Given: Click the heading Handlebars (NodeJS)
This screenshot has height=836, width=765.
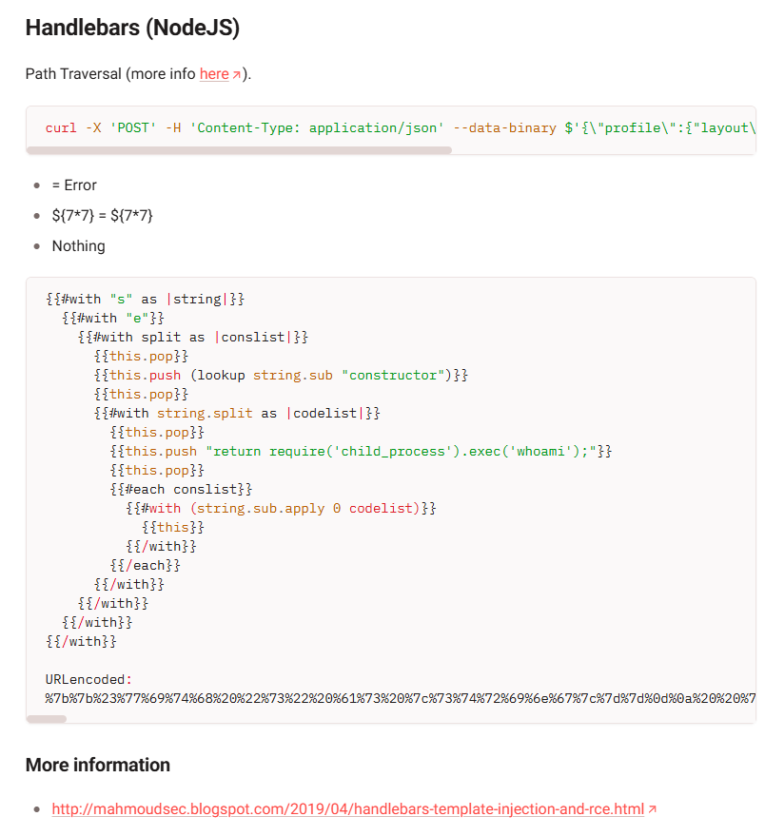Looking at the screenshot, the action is [132, 28].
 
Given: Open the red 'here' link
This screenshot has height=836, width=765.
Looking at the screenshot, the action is [214, 73].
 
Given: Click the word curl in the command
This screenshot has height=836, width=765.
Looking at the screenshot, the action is [61, 128].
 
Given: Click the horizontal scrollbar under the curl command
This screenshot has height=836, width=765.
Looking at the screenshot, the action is [239, 150].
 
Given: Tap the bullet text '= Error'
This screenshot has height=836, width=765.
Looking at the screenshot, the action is [74, 185].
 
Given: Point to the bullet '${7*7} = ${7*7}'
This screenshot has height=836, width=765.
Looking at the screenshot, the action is [102, 215].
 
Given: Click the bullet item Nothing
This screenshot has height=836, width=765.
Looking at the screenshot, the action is [78, 245].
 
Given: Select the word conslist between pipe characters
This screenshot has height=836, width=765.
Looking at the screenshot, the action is [253, 337].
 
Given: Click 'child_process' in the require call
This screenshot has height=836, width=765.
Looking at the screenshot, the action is [393, 452].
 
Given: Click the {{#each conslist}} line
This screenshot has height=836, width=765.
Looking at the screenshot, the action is [182, 490].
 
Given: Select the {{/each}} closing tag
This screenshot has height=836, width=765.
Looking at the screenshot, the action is [146, 565].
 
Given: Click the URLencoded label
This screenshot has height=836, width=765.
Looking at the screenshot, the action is [86, 680].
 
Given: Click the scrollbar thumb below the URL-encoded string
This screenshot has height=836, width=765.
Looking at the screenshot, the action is [47, 719].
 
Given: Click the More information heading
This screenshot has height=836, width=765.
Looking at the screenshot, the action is [98, 765].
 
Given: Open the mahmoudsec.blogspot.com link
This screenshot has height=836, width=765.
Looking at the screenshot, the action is [348, 808].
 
